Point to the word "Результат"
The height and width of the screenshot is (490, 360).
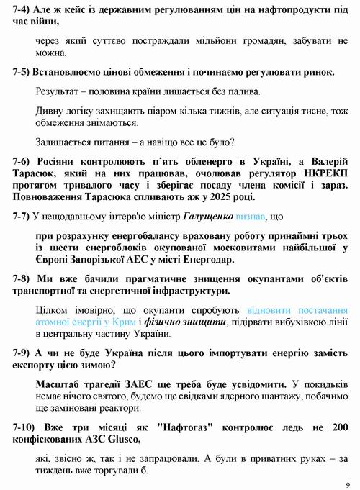[x=58, y=91]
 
